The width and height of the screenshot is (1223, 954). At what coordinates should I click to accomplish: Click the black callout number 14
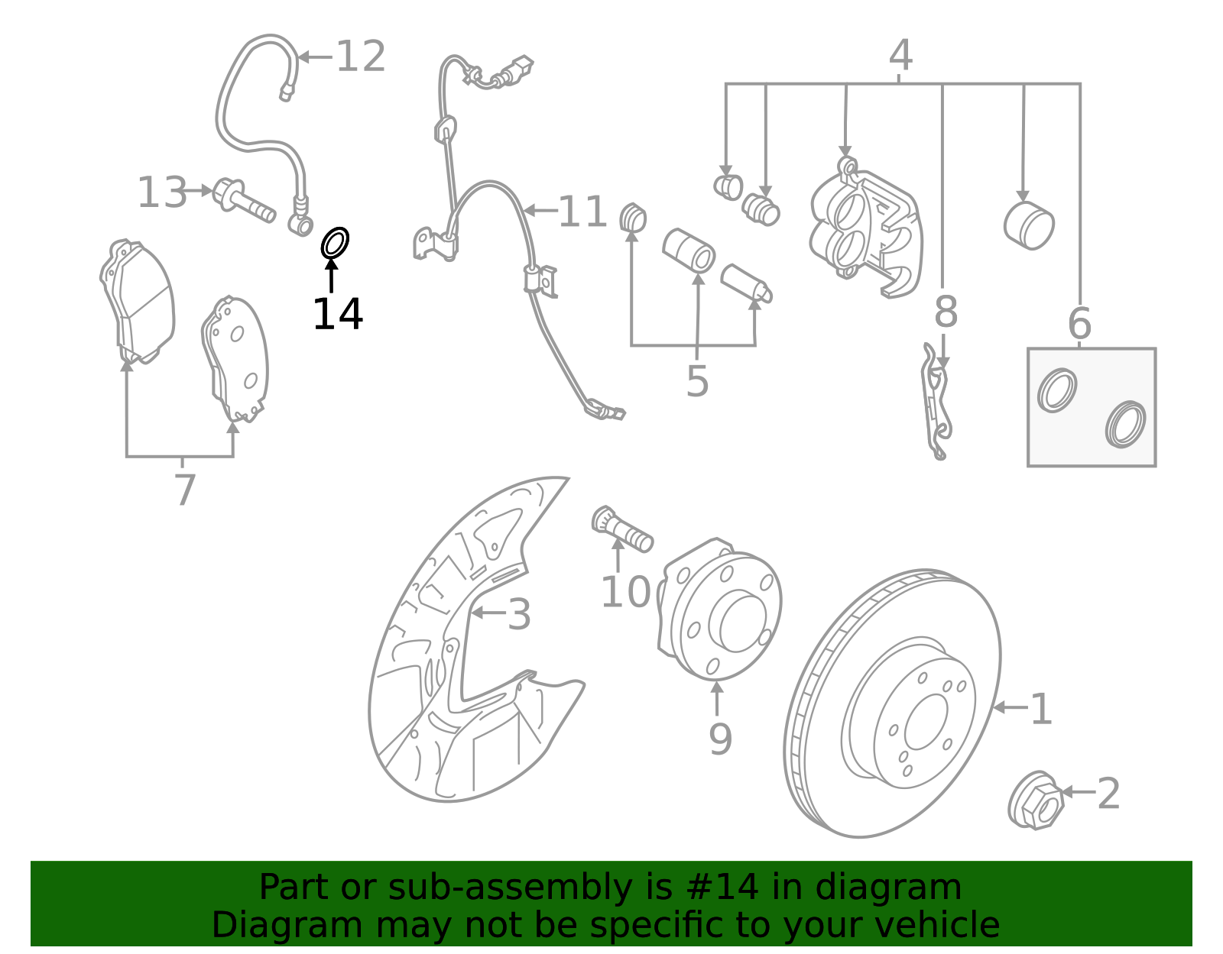point(337,315)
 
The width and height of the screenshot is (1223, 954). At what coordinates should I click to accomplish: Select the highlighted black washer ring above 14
point(335,243)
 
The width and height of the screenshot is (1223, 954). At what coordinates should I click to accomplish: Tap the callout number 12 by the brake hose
point(360,57)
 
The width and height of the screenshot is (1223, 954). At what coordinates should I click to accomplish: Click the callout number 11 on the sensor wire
point(582,212)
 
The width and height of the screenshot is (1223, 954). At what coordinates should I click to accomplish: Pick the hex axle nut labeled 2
point(1036,801)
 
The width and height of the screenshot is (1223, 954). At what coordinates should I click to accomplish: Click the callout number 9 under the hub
point(719,739)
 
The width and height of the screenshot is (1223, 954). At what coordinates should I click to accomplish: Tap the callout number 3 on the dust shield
point(519,615)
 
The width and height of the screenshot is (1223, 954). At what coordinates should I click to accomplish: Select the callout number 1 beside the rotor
point(1041,710)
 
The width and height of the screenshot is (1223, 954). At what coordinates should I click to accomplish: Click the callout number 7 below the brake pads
point(185,490)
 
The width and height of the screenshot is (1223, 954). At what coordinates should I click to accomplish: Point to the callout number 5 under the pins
point(696,381)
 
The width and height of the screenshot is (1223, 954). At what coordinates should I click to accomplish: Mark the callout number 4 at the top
point(900,56)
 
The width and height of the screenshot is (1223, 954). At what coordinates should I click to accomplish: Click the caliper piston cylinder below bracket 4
point(1029,225)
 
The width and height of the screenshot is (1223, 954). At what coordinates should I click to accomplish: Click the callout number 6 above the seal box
point(1079,324)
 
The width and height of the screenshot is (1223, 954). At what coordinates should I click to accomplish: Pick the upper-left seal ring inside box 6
point(1057,390)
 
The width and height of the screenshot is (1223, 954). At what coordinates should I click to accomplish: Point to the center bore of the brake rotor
point(926,722)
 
